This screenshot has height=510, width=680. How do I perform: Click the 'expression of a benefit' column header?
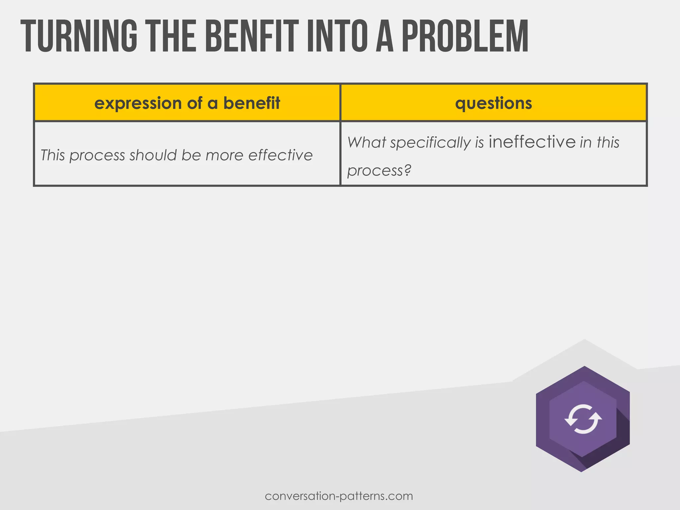[187, 103]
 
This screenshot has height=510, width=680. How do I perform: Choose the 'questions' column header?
[493, 103]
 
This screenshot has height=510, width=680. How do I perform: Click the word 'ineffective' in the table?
[532, 142]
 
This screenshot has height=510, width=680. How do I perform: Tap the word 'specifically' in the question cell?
[430, 143]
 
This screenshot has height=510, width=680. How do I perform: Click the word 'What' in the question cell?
[367, 143]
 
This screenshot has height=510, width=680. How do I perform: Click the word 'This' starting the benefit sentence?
[52, 155]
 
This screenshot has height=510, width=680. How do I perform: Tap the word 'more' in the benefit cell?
[224, 155]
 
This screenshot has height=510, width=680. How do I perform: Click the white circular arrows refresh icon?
[583, 419]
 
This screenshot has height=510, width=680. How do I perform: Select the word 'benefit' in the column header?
[251, 103]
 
